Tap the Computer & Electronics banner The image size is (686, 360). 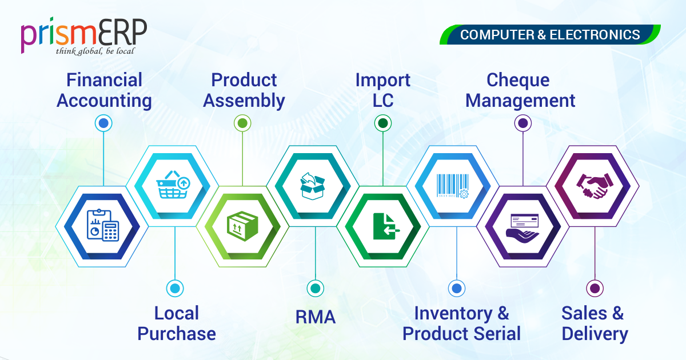tap(550, 35)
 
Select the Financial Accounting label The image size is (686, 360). tap(104, 90)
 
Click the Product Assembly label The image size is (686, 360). tap(244, 90)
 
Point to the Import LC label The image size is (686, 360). tap(383, 90)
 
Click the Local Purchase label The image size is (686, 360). tap(177, 323)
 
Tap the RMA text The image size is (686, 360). tap(315, 318)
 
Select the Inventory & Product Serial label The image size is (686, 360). tap(461, 323)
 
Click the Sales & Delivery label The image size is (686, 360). tap(595, 323)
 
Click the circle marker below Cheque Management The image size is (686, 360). tap(523, 123)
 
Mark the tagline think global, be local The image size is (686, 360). tap(95, 51)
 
